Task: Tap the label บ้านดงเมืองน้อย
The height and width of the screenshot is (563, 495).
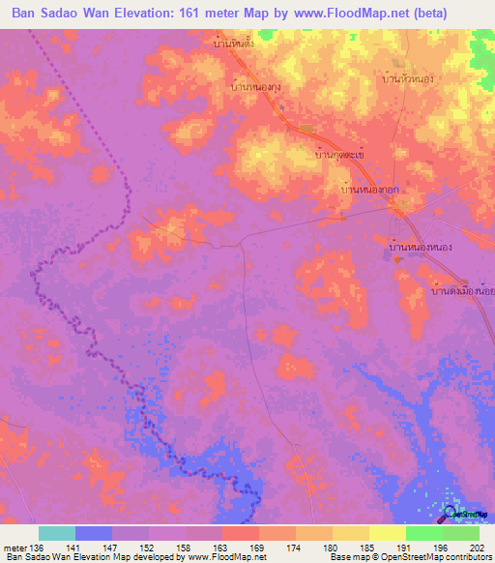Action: click(462, 290)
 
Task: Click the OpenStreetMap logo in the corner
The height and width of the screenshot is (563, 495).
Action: click(468, 513)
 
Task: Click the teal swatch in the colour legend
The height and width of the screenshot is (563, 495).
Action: click(57, 533)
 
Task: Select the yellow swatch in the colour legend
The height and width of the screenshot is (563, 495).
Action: click(387, 533)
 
